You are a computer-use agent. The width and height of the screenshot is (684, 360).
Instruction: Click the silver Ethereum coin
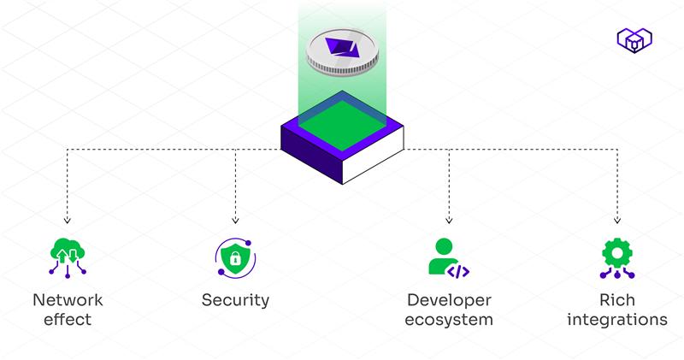[x=341, y=53]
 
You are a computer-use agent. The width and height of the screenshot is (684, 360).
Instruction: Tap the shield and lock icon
[x=234, y=257]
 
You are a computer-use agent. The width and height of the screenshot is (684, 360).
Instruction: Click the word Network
[x=68, y=300]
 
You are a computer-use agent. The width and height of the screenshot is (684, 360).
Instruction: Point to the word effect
[x=68, y=321]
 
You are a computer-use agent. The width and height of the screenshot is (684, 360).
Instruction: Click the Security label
[x=235, y=300]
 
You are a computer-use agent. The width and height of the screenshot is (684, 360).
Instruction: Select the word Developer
[x=450, y=300]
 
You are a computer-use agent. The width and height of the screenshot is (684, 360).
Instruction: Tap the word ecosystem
[x=450, y=321]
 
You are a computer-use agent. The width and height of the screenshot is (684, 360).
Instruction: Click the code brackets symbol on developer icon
[x=458, y=271]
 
